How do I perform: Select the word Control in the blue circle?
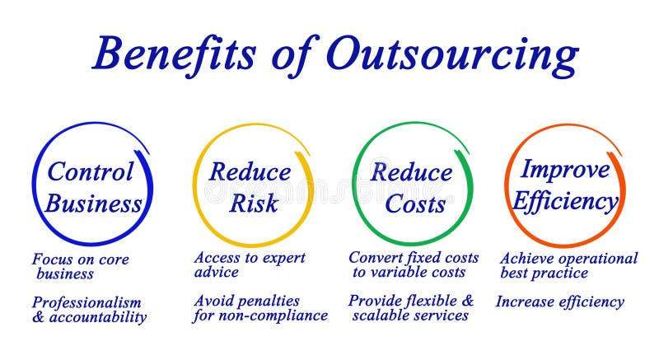(x=91, y=172)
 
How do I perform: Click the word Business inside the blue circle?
(x=93, y=203)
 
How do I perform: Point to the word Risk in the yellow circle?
(x=253, y=203)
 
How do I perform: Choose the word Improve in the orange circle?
(x=565, y=170)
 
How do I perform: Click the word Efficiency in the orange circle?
(x=565, y=201)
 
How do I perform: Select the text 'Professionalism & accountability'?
(x=89, y=310)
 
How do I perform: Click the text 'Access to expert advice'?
(x=250, y=264)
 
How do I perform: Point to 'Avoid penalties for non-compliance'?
(x=260, y=308)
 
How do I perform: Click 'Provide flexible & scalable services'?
(x=411, y=307)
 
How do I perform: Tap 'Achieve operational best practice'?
(x=568, y=265)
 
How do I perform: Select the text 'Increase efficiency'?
(x=559, y=302)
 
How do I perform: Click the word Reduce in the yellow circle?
(x=250, y=172)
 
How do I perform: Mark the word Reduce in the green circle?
(x=412, y=173)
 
